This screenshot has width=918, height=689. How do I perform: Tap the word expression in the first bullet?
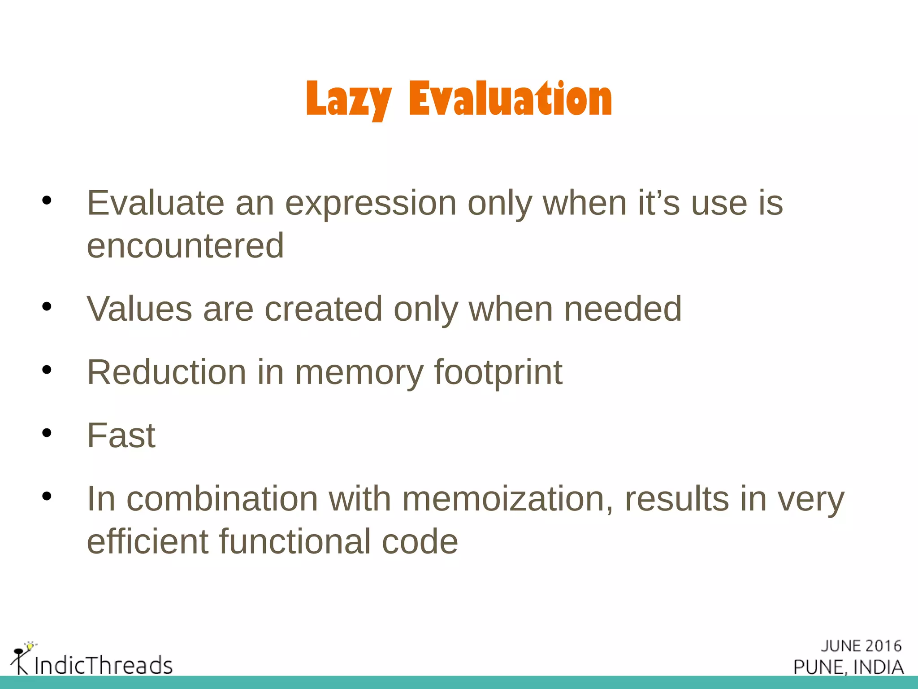(371, 203)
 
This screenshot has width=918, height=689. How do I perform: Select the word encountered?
(185, 246)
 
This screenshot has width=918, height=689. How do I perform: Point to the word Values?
(139, 309)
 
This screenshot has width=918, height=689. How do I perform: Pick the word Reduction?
(166, 372)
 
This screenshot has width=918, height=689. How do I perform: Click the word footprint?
(498, 372)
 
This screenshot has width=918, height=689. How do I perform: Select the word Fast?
(121, 436)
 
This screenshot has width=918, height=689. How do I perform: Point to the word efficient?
(147, 541)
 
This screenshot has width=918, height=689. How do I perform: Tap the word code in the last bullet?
(420, 542)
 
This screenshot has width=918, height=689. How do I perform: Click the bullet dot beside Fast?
(47, 433)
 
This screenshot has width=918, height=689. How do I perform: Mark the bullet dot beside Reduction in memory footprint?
(47, 370)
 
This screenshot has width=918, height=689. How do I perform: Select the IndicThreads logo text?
(103, 665)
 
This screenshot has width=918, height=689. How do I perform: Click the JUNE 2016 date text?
(861, 646)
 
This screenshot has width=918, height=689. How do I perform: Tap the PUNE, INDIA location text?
(848, 667)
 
